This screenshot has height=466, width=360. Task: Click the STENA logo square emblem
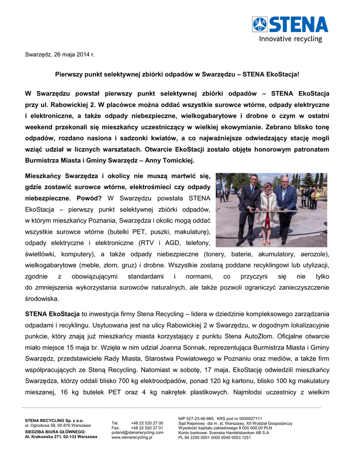coord(260,24)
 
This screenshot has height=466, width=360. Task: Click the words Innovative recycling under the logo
coord(290,39)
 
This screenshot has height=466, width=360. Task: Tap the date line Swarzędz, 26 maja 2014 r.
coord(60,55)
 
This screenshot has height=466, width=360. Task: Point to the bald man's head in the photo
coord(285,180)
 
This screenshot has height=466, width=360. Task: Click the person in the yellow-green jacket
coord(314,198)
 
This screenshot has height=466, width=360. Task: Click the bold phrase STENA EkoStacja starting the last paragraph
coord(52,314)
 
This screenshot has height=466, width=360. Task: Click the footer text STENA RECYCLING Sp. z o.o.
coord(54,420)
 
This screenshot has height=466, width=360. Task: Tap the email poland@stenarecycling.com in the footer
coord(137,432)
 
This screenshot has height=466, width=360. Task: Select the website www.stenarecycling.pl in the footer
coord(132,437)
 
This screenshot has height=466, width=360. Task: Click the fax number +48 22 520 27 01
coord(147,428)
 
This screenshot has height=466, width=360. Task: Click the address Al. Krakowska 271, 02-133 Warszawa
coord(61,437)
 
